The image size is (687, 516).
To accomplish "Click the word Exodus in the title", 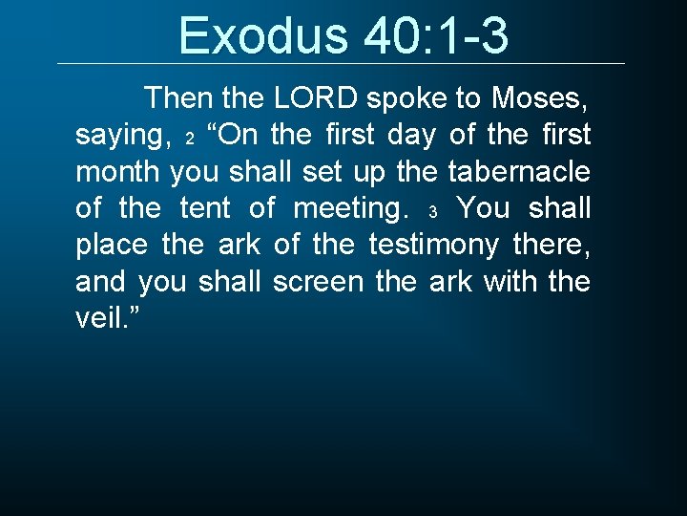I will (263, 35).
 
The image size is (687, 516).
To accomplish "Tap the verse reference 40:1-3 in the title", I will (435, 35).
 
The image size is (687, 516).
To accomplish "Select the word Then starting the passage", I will (179, 97).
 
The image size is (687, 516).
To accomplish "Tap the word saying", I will (119, 135).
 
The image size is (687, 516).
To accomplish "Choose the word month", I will (119, 172).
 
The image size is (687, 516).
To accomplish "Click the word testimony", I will (433, 246).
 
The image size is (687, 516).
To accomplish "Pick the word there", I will (552, 246).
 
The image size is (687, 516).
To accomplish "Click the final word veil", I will (102, 319).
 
